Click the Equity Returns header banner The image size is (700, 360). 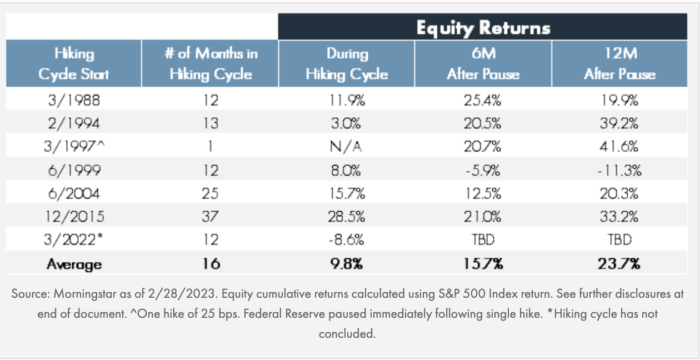(483, 27)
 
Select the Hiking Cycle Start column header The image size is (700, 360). (74, 64)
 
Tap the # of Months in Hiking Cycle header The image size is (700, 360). (211, 64)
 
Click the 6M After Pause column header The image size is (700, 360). (483, 64)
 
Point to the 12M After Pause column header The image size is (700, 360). (619, 64)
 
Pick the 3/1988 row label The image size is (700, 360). (74, 100)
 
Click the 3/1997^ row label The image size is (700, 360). (74, 147)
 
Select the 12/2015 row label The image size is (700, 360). (74, 217)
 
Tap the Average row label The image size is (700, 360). (74, 264)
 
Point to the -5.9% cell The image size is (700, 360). (483, 170)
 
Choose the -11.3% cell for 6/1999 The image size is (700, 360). (619, 170)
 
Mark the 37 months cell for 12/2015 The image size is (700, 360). (211, 217)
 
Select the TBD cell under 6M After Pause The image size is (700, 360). (483, 240)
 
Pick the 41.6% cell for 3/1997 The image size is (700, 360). (619, 147)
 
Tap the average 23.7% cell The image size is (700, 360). (619, 264)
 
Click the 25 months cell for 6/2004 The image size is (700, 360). (211, 193)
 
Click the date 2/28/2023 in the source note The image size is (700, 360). (157, 294)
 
